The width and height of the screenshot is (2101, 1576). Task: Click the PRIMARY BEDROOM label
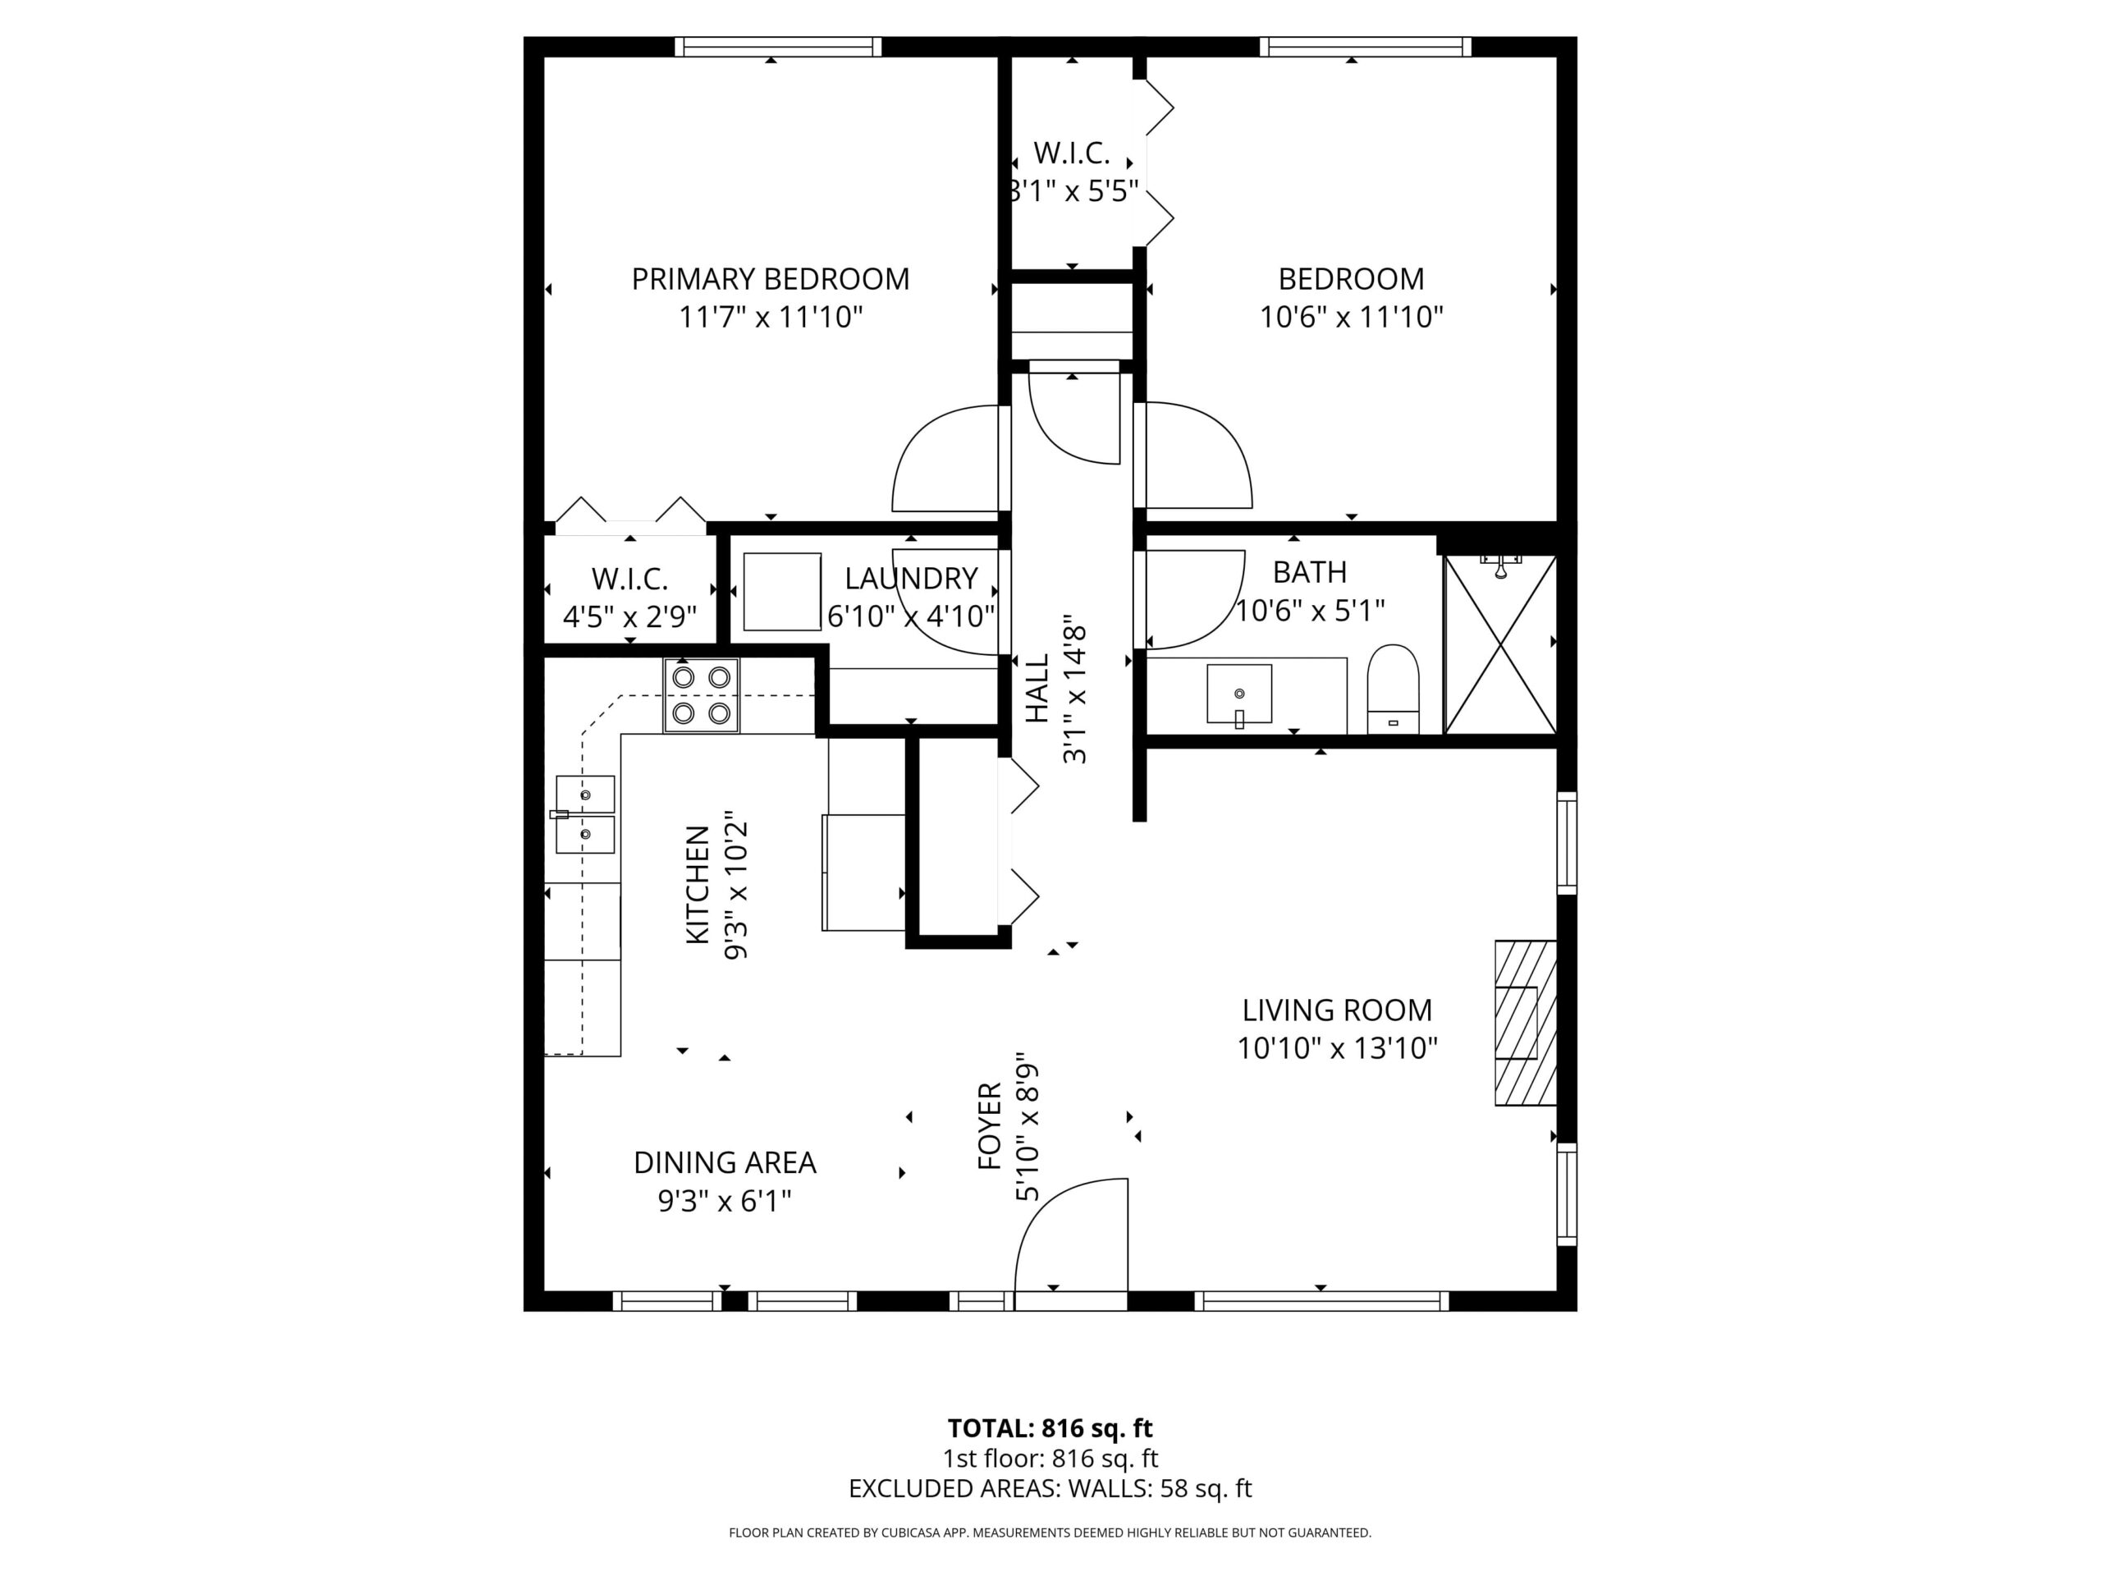tap(771, 279)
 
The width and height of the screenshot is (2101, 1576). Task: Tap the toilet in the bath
tap(1393, 689)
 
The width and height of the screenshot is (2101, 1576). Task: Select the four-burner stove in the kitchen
tap(701, 695)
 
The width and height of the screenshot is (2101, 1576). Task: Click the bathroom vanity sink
tap(1238, 694)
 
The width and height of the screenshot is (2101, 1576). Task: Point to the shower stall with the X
tap(1499, 644)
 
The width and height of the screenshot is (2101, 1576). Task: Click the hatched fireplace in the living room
tap(1526, 1022)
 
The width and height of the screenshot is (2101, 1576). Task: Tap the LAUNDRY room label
tap(911, 579)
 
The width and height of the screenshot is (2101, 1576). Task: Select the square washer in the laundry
tap(781, 592)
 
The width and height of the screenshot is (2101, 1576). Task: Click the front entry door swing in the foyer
tap(1070, 1235)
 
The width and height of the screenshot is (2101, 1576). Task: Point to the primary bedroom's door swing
tap(945, 458)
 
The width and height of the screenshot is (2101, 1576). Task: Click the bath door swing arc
tap(1195, 598)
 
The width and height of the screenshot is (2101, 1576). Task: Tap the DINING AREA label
tap(725, 1163)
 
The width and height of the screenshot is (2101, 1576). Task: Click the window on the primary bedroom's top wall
tap(778, 47)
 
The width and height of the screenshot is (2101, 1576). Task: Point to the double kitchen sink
tap(585, 814)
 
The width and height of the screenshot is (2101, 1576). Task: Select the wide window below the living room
tap(1321, 1302)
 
